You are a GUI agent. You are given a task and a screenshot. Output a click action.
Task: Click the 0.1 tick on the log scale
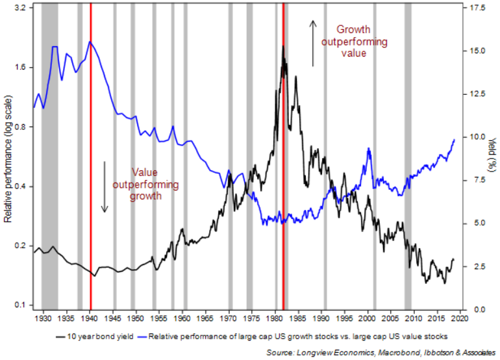pyautogui.click(x=20, y=305)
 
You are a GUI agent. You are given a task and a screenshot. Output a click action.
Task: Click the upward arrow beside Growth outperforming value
pyautogui.click(x=312, y=43)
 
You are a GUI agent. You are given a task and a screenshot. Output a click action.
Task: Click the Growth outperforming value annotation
pyautogui.click(x=353, y=42)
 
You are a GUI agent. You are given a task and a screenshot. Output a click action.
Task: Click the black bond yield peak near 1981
pyautogui.click(x=283, y=48)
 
